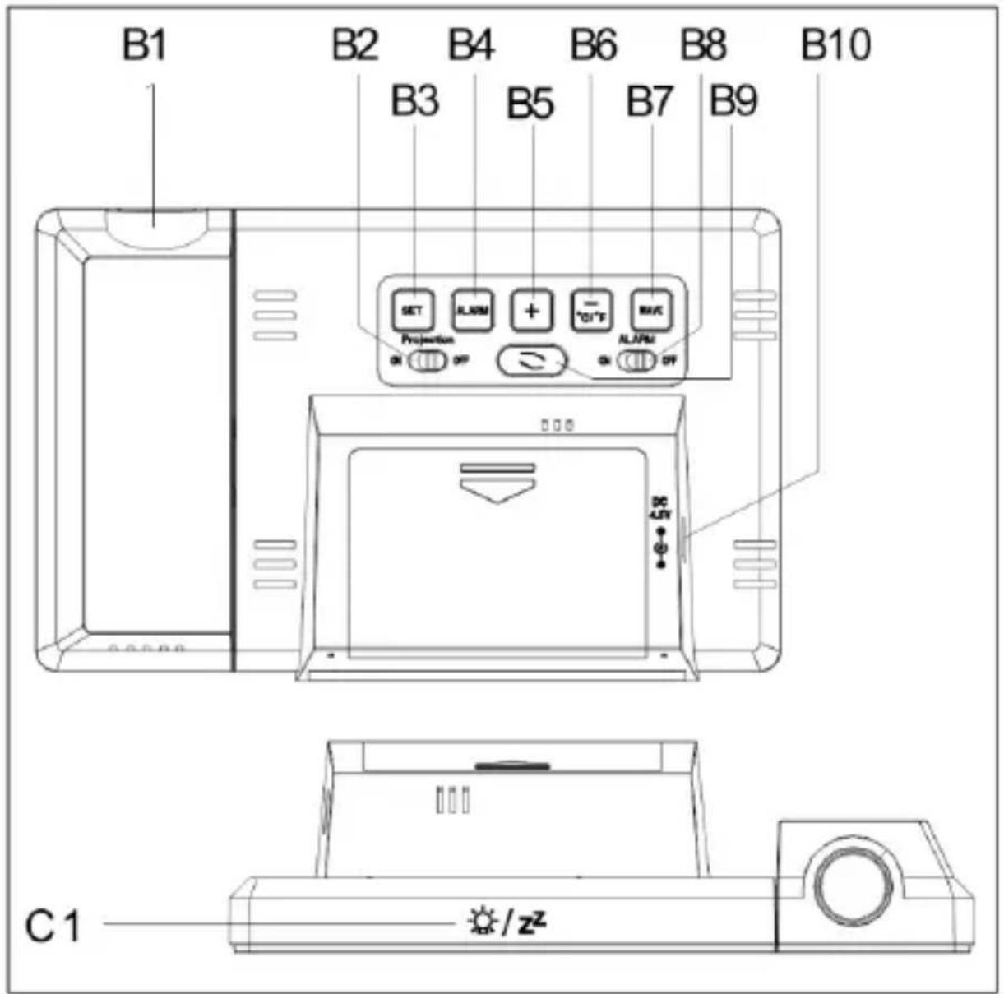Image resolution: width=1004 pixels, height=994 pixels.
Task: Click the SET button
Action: coord(411,311)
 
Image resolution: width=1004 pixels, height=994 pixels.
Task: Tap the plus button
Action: coord(532,311)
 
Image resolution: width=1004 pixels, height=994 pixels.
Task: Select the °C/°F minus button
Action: coord(592,311)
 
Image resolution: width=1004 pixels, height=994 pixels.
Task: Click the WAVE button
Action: coord(652,311)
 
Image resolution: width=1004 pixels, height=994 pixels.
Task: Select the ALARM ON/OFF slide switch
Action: coord(636,360)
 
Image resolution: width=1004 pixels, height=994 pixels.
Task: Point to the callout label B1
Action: coord(144,45)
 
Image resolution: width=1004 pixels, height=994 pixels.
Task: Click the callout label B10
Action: coord(835,45)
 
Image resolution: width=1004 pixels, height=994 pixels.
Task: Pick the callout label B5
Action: coord(530,104)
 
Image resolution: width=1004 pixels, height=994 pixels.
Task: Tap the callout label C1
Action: coord(53,927)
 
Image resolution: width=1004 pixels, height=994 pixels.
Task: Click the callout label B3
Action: coord(414,102)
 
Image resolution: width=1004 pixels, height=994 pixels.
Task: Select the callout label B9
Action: coord(733,102)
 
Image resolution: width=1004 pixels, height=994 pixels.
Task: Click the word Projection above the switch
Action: coord(428,340)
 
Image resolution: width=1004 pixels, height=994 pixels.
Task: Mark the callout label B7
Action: coord(650,103)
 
